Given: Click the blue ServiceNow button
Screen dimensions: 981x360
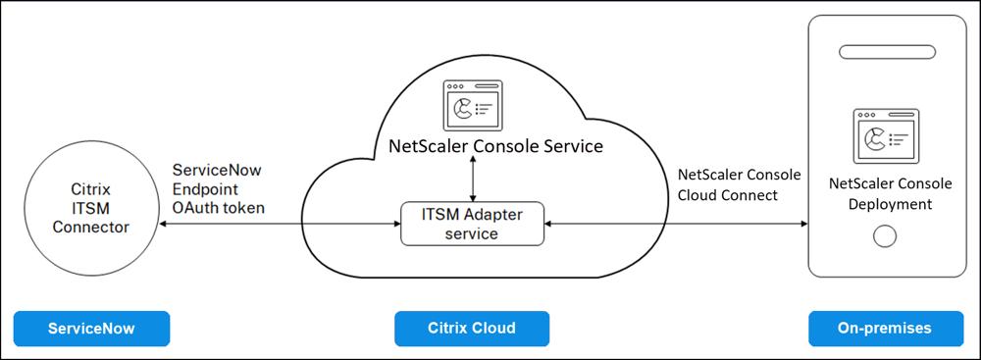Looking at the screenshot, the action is [x=91, y=328].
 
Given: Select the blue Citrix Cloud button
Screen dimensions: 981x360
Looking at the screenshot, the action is [x=472, y=328].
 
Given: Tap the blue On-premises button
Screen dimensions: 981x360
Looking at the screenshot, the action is [x=886, y=328].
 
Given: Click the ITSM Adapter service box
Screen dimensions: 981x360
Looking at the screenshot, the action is [x=473, y=224].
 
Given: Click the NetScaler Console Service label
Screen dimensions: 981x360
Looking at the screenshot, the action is [x=496, y=146].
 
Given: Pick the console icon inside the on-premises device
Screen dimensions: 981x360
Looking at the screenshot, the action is [x=886, y=136].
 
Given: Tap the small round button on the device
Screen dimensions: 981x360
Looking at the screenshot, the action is [x=886, y=236].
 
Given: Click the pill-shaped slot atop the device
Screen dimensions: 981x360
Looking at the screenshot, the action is [x=887, y=52].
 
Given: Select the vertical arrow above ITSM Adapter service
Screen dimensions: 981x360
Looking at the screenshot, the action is [x=473, y=180].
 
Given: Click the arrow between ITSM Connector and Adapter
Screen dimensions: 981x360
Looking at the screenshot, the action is [x=279, y=224].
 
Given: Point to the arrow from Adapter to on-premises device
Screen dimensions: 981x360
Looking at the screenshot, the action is [x=676, y=224].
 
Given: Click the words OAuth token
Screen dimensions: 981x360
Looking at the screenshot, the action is [x=219, y=207].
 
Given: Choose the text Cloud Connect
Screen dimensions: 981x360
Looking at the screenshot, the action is [x=728, y=194].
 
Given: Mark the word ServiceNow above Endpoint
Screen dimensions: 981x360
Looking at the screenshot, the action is [x=217, y=170].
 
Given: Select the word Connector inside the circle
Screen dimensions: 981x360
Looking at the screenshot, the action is [x=90, y=227].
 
